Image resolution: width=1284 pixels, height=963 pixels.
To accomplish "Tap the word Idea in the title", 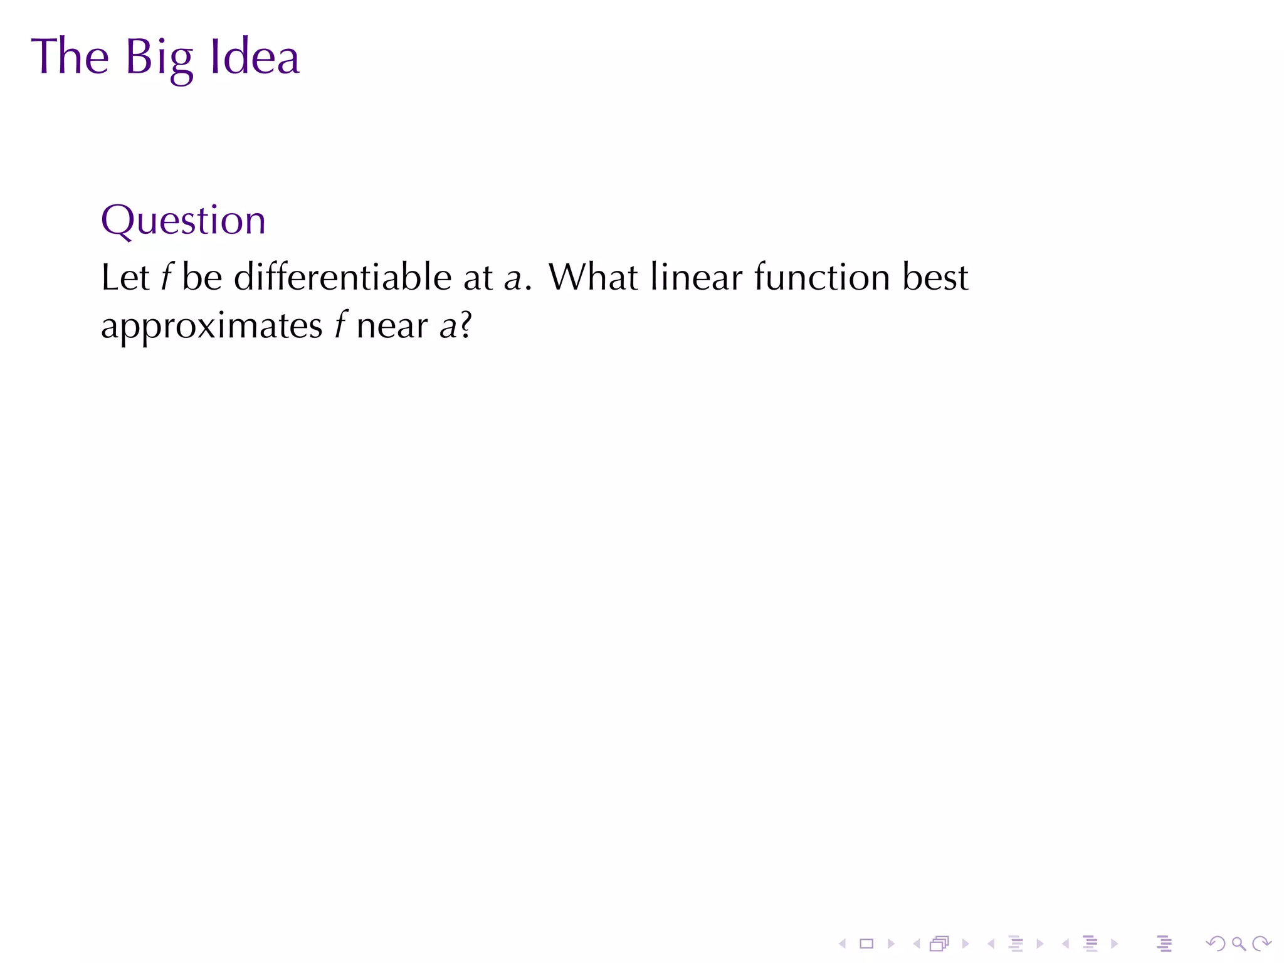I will [x=255, y=57].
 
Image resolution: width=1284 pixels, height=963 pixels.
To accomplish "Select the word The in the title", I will [x=70, y=57].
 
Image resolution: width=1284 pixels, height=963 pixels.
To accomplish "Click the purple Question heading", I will [x=183, y=220].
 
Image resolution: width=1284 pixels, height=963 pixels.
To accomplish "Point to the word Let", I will [x=125, y=277].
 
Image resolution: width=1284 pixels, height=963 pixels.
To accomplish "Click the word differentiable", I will [x=342, y=277].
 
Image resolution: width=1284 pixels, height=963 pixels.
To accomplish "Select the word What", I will [x=593, y=277].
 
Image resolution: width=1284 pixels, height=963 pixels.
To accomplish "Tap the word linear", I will [x=696, y=277].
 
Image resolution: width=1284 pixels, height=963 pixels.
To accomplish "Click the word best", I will [x=935, y=277].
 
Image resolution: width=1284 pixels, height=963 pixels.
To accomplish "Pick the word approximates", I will [x=211, y=327].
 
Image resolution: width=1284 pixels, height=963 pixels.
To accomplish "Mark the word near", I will [x=392, y=327].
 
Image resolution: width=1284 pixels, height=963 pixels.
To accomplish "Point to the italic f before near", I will [x=340, y=325].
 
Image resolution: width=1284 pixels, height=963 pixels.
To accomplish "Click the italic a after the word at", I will [x=513, y=278].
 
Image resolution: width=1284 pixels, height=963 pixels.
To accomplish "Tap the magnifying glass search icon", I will [x=1238, y=943].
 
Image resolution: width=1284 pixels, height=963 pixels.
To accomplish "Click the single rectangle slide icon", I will [x=866, y=943].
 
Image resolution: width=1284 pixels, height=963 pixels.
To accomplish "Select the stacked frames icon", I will [x=939, y=943].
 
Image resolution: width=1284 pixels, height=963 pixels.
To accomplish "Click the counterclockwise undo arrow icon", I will [x=1215, y=943].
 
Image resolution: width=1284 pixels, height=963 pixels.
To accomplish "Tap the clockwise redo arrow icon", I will [x=1261, y=943].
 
